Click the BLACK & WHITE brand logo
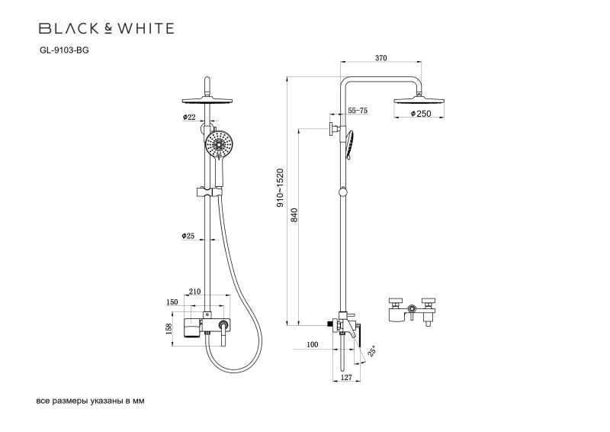(x=106, y=29)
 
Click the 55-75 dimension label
(x=358, y=111)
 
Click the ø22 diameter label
(x=190, y=117)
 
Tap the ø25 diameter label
(x=190, y=236)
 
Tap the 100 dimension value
(x=312, y=345)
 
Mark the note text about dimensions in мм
(x=90, y=400)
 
